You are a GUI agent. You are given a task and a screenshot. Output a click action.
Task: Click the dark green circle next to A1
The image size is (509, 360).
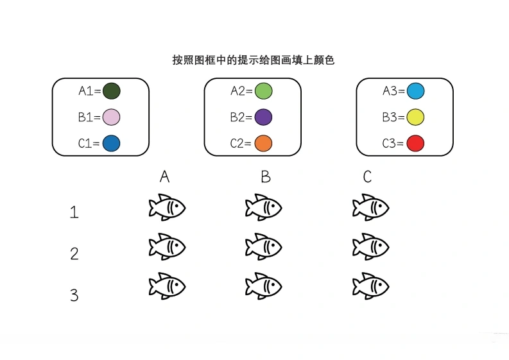pos(111,91)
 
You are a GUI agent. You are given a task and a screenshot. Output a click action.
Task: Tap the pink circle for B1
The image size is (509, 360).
pos(111,117)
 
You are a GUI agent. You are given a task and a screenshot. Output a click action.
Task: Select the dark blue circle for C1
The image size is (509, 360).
pos(111,144)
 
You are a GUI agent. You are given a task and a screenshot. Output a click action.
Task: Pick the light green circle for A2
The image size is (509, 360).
pos(263,91)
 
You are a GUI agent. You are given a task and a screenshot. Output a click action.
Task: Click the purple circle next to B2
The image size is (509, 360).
pos(263,117)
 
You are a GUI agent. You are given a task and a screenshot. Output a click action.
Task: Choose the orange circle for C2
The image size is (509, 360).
pos(263,144)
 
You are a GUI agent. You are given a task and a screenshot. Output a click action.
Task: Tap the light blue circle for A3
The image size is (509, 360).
pos(415,91)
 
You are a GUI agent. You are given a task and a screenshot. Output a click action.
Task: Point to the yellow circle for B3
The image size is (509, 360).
pos(415,117)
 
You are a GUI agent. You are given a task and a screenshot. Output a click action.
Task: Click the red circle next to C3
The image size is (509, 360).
pos(415,144)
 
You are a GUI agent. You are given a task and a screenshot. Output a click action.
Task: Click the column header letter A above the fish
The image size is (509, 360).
pos(164,177)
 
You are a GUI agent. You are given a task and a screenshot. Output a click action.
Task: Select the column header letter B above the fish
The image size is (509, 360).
pos(266,177)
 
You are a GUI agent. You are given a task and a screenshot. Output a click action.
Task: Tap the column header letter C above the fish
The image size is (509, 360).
pos(367,177)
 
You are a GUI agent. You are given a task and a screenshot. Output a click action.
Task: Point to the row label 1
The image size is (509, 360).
pos(74,212)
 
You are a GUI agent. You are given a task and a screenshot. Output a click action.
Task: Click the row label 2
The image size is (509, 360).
pos(74,253)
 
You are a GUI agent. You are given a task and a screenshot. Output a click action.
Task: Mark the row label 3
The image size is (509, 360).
pos(74,295)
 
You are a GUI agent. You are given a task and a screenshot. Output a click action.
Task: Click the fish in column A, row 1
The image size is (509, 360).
pos(167,207)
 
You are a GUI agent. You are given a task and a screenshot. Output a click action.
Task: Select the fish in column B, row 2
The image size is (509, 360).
pos(264,246)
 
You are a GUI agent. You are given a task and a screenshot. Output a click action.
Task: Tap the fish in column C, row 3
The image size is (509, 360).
pos(371,286)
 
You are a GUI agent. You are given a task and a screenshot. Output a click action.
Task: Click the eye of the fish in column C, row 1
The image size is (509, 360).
pos(380,205)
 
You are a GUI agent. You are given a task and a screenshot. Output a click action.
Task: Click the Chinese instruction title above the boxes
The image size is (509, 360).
pos(253,60)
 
